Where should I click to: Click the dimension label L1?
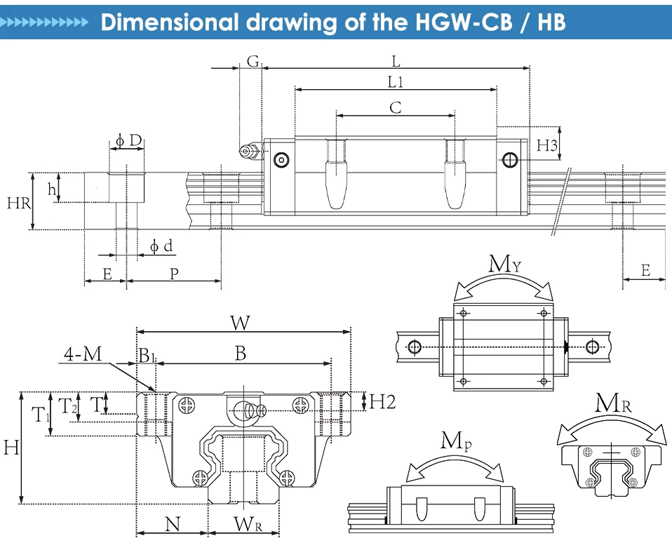(396, 82)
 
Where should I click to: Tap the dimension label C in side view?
(396, 107)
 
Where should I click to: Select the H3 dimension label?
(547, 146)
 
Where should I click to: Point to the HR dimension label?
(18, 203)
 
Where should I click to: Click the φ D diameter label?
(128, 141)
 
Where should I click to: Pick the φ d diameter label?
(161, 246)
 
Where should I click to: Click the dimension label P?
(174, 274)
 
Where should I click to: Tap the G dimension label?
(252, 60)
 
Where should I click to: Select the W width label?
(241, 323)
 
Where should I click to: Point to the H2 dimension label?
(382, 402)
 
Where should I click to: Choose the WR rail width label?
(248, 523)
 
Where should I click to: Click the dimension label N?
(172, 523)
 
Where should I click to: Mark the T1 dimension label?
(41, 415)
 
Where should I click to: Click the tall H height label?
(11, 447)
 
